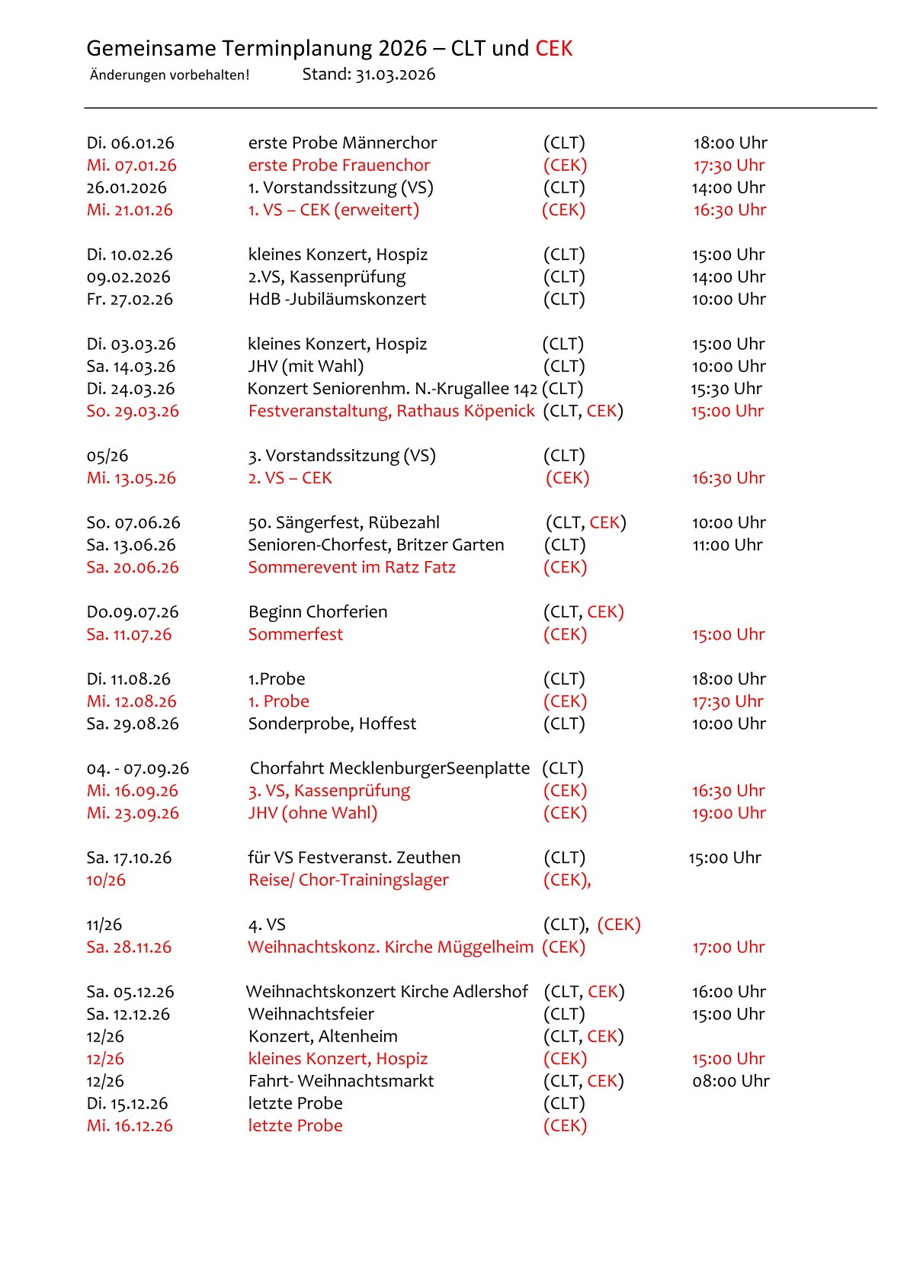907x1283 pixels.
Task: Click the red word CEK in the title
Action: pyautogui.click(x=553, y=49)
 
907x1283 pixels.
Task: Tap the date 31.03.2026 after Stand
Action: pyautogui.click(x=396, y=75)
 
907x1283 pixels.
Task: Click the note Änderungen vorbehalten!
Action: pyautogui.click(x=169, y=75)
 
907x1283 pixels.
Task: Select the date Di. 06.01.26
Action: pyautogui.click(x=130, y=143)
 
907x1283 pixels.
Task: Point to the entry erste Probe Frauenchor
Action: pyautogui.click(x=339, y=165)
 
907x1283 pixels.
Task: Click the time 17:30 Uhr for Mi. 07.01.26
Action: pyautogui.click(x=729, y=165)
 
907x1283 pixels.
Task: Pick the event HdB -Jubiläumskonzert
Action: pyautogui.click(x=337, y=300)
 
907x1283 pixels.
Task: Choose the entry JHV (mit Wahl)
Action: pyautogui.click(x=306, y=367)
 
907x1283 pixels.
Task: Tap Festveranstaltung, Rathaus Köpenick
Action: pyautogui.click(x=392, y=412)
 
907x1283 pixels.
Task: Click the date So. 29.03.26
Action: pyautogui.click(x=133, y=412)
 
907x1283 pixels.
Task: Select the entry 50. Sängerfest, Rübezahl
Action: pyautogui.click(x=344, y=523)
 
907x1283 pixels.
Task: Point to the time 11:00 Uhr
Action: pyautogui.click(x=727, y=545)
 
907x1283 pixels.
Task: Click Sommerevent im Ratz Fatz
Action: pyautogui.click(x=352, y=568)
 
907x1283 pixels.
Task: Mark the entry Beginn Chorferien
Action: pyautogui.click(x=318, y=612)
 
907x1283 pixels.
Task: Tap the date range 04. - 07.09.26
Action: pyautogui.click(x=138, y=768)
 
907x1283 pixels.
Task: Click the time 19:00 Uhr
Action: pyautogui.click(x=729, y=813)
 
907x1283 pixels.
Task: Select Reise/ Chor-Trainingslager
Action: pyautogui.click(x=348, y=880)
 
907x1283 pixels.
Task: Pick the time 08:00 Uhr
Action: pyautogui.click(x=731, y=1081)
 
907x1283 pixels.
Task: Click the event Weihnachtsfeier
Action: pyautogui.click(x=311, y=1015)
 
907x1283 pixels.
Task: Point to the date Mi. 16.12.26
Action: pyautogui.click(x=130, y=1126)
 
